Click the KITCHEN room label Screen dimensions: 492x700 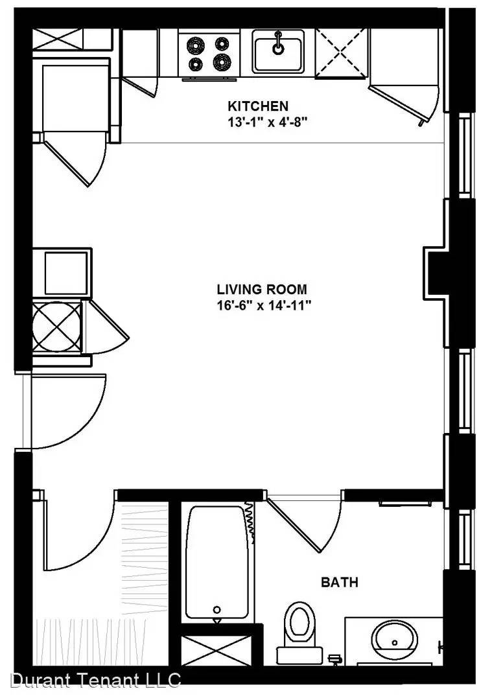pyautogui.click(x=258, y=106)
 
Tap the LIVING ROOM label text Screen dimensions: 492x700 pyautogui.click(x=262, y=289)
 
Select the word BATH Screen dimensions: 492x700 pyautogui.click(x=340, y=582)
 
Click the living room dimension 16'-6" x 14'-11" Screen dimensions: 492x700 pyautogui.click(x=263, y=305)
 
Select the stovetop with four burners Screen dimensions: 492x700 pyautogui.click(x=209, y=52)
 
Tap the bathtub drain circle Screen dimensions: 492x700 pyautogui.click(x=217, y=609)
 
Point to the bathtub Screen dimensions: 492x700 pyautogui.click(x=217, y=563)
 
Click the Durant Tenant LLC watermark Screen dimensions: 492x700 pyautogui.click(x=95, y=679)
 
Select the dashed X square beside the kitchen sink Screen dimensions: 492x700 pyautogui.click(x=342, y=53)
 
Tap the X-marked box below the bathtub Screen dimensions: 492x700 pyautogui.click(x=216, y=651)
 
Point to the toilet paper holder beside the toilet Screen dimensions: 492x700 pyautogui.click(x=335, y=659)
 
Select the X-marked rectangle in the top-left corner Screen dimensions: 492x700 pyautogui.click(x=58, y=39)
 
